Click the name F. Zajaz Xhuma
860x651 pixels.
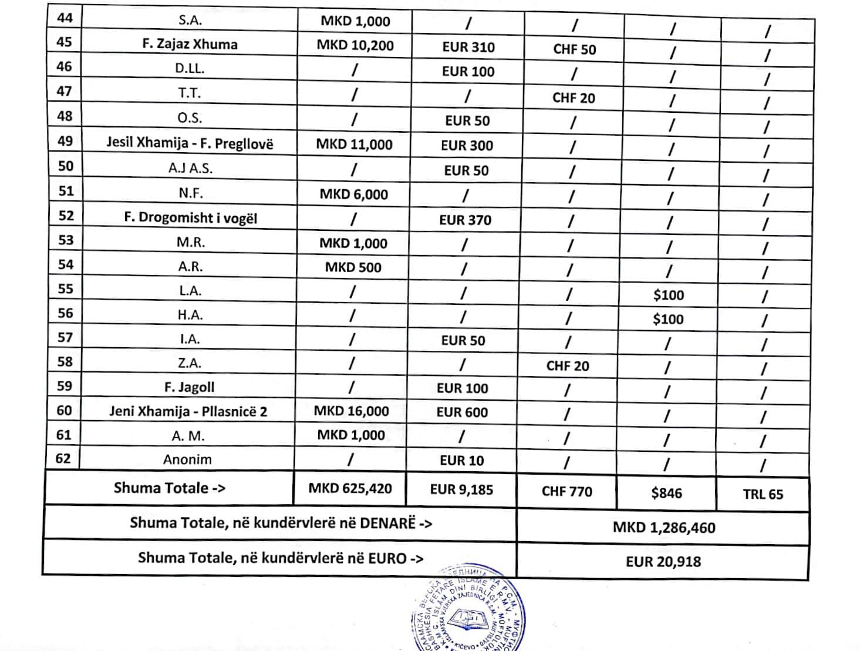190,44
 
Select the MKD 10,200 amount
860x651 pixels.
355,45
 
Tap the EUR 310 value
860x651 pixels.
468,47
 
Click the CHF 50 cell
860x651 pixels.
574,49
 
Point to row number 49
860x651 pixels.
65,141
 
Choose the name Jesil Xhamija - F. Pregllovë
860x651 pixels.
190,143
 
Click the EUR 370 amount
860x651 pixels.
466,220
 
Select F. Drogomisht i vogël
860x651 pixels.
190,217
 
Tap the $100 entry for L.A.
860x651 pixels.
669,295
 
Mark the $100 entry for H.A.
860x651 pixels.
668,320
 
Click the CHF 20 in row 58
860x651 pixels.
568,366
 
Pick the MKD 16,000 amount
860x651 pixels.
351,411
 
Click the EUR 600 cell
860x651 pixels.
462,412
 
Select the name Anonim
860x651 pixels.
187,459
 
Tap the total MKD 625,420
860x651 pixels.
350,488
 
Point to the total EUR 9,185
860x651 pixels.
461,489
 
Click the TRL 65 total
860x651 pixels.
763,494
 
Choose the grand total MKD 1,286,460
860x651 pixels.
664,527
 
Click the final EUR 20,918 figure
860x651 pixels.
663,562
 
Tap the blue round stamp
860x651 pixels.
468,611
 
